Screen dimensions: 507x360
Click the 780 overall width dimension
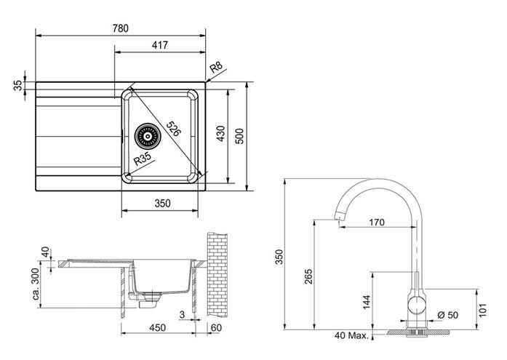pyautogui.click(x=121, y=28)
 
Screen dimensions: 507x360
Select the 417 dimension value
pyautogui.click(x=160, y=45)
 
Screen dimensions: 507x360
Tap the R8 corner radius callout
pyautogui.click(x=216, y=68)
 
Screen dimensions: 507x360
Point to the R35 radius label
pyautogui.click(x=143, y=159)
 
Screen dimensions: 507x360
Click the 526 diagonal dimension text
pyautogui.click(x=173, y=129)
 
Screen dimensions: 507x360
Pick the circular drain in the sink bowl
pyautogui.click(x=148, y=136)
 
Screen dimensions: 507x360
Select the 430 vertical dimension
pyautogui.click(x=220, y=134)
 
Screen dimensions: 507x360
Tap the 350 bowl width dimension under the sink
pyautogui.click(x=162, y=203)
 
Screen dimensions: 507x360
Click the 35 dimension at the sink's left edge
pyautogui.click(x=18, y=85)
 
